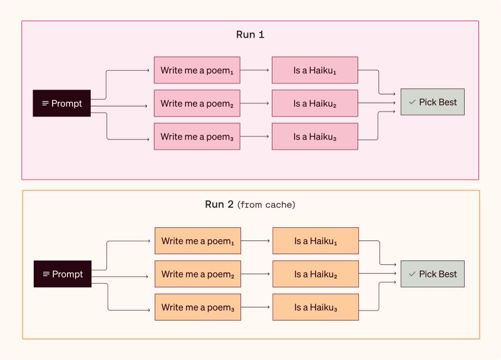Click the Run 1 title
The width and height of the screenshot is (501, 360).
click(250, 34)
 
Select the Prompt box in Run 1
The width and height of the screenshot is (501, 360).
click(61, 103)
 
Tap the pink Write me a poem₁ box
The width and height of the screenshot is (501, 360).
click(197, 70)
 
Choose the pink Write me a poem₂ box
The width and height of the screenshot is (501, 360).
click(197, 103)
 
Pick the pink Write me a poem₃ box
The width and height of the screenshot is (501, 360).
click(197, 136)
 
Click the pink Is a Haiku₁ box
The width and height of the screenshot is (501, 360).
click(315, 70)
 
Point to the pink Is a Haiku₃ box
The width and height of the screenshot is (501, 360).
click(315, 136)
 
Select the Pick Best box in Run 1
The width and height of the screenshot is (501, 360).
click(433, 102)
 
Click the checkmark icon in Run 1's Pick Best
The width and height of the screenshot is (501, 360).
click(412, 102)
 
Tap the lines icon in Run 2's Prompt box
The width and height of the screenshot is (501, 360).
click(46, 274)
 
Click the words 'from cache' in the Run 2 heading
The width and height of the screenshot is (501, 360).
click(266, 205)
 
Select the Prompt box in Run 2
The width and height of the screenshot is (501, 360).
click(63, 274)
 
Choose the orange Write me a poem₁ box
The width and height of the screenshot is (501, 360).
click(198, 241)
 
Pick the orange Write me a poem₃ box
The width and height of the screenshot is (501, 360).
click(198, 307)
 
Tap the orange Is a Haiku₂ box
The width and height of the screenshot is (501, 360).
click(316, 274)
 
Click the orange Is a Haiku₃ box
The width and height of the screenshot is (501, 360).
click(316, 307)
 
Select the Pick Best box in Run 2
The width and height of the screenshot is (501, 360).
click(433, 274)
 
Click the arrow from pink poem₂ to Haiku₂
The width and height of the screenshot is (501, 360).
click(255, 103)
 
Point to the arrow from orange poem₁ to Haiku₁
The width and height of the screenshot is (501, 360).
click(256, 240)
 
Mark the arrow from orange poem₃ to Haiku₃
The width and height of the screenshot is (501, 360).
click(256, 307)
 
